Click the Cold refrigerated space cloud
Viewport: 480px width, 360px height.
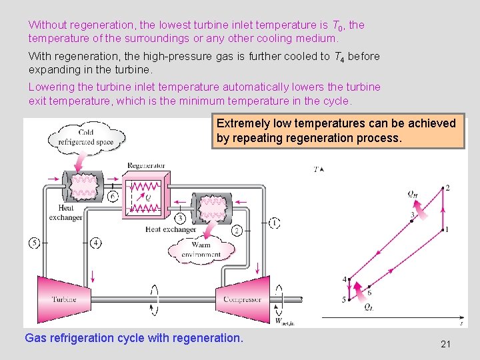click(86, 136)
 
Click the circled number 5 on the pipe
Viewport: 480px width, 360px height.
click(35, 243)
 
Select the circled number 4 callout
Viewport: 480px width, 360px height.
click(95, 243)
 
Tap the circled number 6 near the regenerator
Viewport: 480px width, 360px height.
click(113, 196)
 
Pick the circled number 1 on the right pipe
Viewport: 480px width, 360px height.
click(274, 222)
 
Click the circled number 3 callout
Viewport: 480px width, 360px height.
click(180, 219)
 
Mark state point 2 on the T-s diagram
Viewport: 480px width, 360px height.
click(442, 189)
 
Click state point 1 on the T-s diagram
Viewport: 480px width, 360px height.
click(442, 230)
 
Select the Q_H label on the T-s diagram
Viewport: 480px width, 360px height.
click(414, 194)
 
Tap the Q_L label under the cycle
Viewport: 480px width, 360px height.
click(369, 307)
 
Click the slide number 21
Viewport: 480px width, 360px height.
click(446, 344)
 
